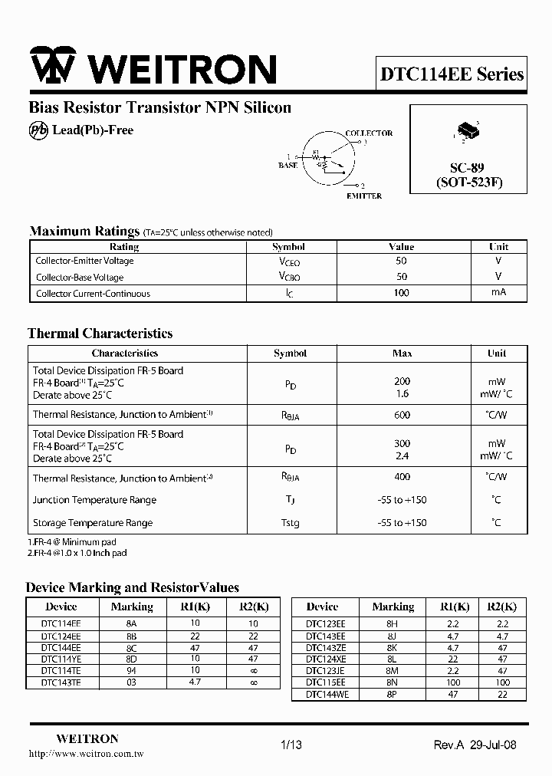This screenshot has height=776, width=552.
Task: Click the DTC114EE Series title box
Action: [452, 74]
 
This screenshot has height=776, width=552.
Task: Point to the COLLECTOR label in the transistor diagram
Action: [369, 133]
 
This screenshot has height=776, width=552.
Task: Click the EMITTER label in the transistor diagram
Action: [363, 196]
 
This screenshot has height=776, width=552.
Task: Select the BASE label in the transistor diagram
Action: [288, 166]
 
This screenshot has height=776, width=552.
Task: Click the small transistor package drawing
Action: [467, 132]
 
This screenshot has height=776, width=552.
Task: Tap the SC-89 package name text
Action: [467, 168]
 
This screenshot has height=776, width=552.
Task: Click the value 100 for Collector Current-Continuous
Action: [401, 293]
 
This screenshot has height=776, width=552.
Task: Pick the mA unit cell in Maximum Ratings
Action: [498, 292]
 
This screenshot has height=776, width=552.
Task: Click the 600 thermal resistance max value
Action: [402, 414]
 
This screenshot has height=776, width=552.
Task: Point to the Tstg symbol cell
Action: [290, 523]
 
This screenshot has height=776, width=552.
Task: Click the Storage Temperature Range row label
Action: [93, 523]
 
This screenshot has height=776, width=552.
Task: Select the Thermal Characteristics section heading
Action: [100, 334]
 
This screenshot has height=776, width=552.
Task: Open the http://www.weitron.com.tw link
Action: [86, 755]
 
